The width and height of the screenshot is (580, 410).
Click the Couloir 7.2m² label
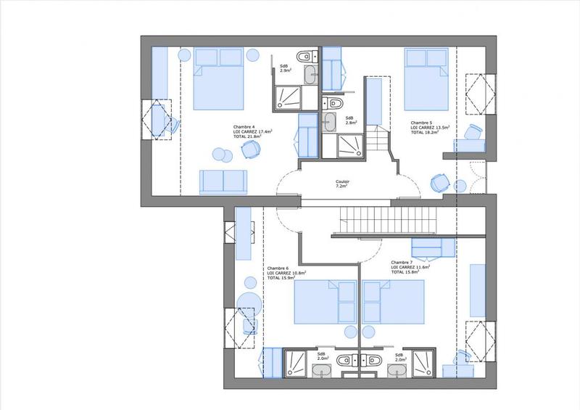click(x=343, y=184)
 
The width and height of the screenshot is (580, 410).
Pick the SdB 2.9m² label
click(x=285, y=68)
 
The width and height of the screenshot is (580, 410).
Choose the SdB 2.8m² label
click(x=349, y=120)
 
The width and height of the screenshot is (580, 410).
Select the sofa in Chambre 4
click(x=223, y=181)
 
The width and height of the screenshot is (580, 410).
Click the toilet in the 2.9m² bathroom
click(x=305, y=57)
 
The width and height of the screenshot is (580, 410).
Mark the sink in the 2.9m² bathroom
click(x=310, y=73)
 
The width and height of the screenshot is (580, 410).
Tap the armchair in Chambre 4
click(x=251, y=149)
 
